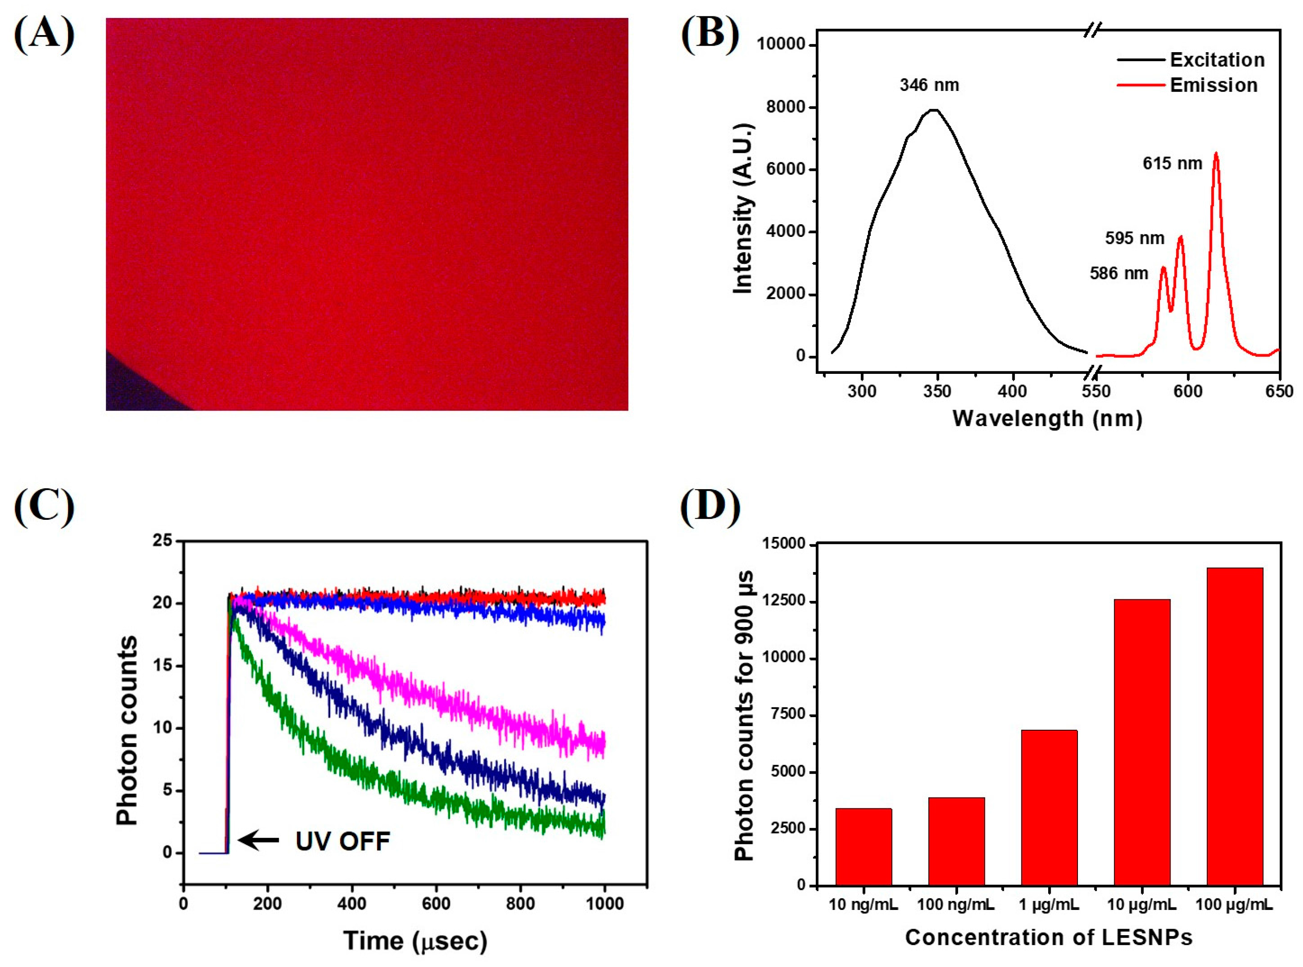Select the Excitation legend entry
1217,60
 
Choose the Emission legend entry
1213,86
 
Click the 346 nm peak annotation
929,86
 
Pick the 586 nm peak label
1119,274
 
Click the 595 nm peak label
1135,238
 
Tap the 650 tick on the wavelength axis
1279,391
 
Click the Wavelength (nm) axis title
1047,419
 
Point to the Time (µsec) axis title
415,941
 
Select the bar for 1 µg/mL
1049,808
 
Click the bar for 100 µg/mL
1235,726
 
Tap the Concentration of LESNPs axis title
1048,937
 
